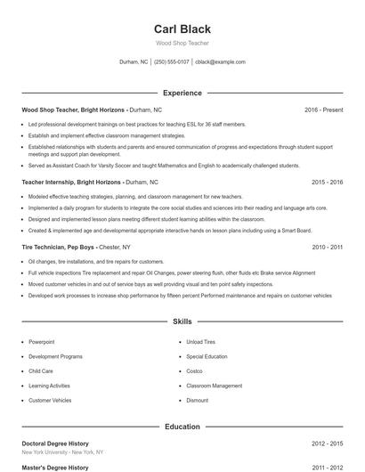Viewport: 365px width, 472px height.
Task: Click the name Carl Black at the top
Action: pyautogui.click(x=182, y=29)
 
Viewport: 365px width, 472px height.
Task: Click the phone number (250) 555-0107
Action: pyautogui.click(x=172, y=62)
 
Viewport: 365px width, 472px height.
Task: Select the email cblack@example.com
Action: pyautogui.click(x=220, y=62)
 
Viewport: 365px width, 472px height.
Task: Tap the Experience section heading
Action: pyautogui.click(x=182, y=93)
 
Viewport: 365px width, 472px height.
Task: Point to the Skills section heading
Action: pyautogui.click(x=182, y=321)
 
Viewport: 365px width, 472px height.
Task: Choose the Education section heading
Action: pyautogui.click(x=182, y=427)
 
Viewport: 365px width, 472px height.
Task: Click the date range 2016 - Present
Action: pyautogui.click(x=323, y=110)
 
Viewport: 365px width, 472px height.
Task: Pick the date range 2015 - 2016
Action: pyautogui.click(x=327, y=182)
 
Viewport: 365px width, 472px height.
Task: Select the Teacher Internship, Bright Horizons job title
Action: pyautogui.click(x=61, y=182)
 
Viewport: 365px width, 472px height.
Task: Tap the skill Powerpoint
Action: pyautogui.click(x=42, y=342)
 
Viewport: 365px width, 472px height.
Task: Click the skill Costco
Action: pyautogui.click(x=194, y=371)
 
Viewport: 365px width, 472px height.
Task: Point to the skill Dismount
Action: pyautogui.click(x=197, y=401)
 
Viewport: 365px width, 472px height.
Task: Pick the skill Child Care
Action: pyautogui.click(x=41, y=371)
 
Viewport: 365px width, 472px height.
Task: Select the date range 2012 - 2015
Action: pyautogui.click(x=327, y=443)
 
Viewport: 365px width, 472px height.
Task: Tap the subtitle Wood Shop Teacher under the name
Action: pyautogui.click(x=182, y=43)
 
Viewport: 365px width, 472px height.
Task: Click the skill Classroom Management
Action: pyautogui.click(x=214, y=386)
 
